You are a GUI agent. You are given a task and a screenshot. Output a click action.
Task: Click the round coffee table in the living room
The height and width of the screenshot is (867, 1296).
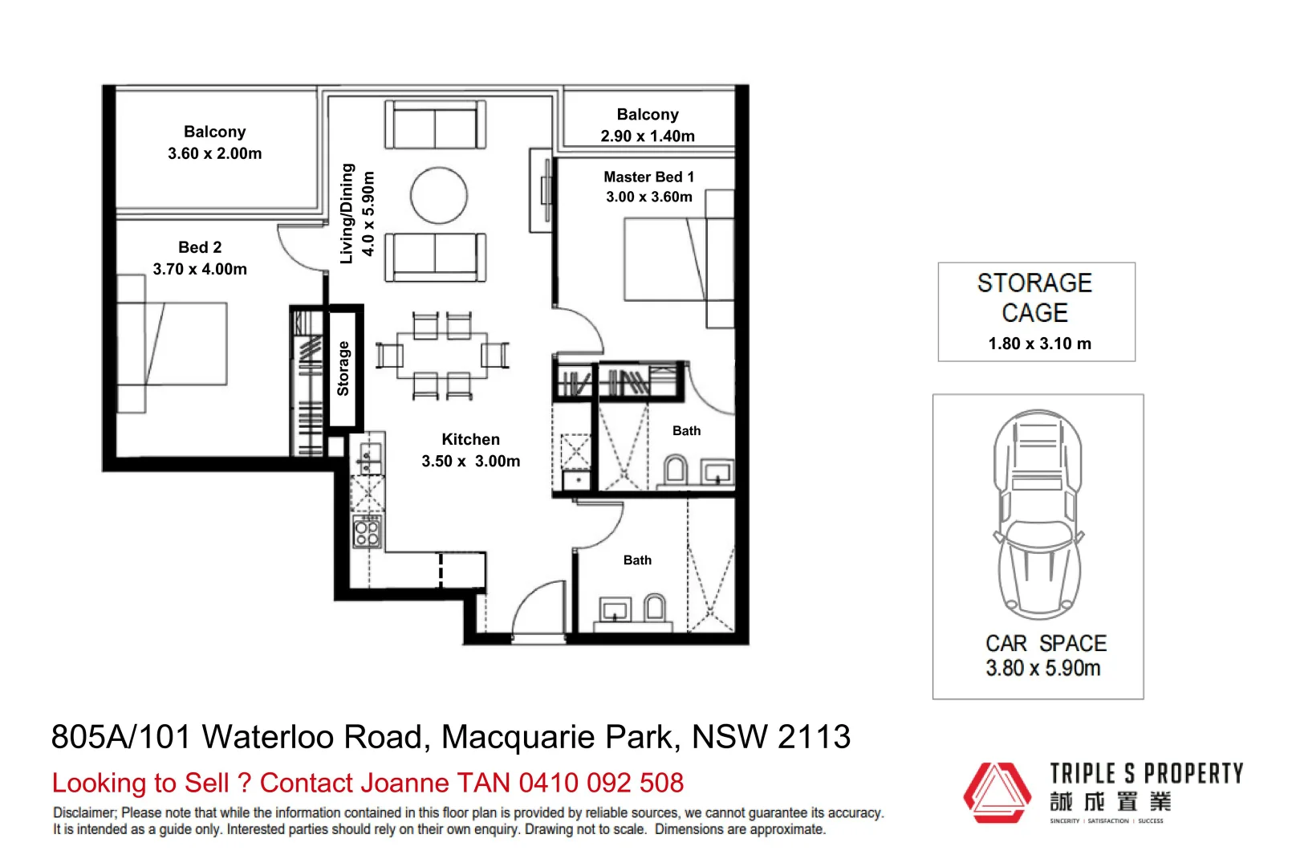pyautogui.click(x=439, y=195)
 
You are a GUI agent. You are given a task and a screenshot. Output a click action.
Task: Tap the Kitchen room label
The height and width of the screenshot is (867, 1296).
pyautogui.click(x=470, y=439)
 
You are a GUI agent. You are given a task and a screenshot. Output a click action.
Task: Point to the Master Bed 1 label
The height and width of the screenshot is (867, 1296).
pyautogui.click(x=648, y=177)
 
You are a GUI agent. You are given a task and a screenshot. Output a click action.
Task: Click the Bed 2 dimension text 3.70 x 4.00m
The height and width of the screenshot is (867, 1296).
pyautogui.click(x=200, y=269)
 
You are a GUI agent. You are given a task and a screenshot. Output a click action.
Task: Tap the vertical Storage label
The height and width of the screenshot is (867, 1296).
pyautogui.click(x=343, y=368)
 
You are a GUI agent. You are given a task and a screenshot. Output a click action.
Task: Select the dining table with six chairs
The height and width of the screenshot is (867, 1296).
pyautogui.click(x=442, y=355)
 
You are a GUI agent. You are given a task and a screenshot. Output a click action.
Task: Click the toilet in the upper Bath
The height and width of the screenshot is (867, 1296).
pyautogui.click(x=675, y=470)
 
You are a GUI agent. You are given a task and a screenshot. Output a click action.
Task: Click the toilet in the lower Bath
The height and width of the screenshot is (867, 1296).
pyautogui.click(x=655, y=608)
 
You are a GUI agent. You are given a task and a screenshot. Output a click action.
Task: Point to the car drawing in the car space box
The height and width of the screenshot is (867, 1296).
pyautogui.click(x=1038, y=514)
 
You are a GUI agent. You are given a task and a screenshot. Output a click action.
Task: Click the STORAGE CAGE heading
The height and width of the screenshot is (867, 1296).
pyautogui.click(x=1034, y=297)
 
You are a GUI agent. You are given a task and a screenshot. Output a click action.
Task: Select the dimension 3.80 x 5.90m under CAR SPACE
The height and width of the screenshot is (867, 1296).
pyautogui.click(x=1042, y=668)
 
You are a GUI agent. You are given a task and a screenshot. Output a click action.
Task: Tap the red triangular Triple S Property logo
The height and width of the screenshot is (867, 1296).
pyautogui.click(x=997, y=792)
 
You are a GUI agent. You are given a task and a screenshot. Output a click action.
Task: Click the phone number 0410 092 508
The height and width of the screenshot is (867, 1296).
pyautogui.click(x=601, y=783)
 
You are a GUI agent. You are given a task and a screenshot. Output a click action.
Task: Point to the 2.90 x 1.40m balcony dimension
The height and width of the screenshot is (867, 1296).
pyautogui.click(x=648, y=136)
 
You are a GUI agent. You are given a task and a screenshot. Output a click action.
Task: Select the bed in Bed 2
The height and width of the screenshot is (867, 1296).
pyautogui.click(x=173, y=345)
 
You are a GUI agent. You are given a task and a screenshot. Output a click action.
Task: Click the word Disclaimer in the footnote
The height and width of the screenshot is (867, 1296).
pyautogui.click(x=84, y=812)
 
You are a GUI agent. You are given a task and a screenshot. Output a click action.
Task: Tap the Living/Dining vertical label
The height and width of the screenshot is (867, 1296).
pyautogui.click(x=347, y=214)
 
